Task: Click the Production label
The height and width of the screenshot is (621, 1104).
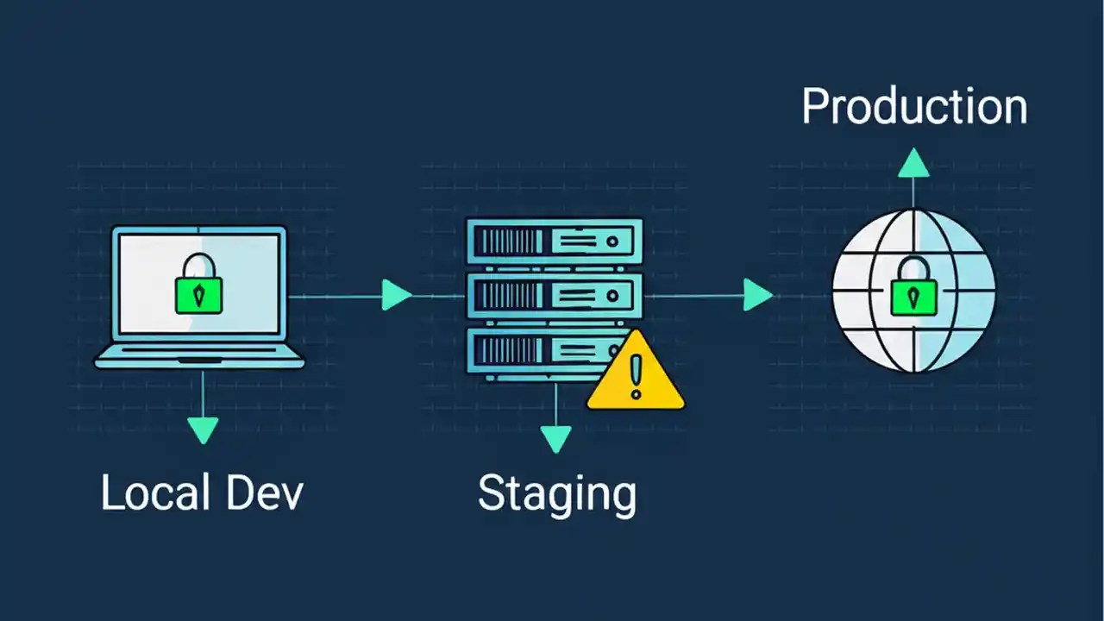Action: tap(914, 107)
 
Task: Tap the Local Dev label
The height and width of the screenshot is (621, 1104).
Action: tap(202, 493)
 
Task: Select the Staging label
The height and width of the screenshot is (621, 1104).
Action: tap(557, 495)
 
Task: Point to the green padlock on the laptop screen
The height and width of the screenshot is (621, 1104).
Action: tap(199, 288)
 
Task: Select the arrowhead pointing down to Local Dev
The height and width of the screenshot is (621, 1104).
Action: tap(203, 429)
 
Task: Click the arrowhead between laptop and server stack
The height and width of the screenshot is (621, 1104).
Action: tap(396, 295)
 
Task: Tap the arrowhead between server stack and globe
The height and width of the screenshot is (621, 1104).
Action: tap(757, 295)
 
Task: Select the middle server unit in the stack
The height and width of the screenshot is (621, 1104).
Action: tap(554, 296)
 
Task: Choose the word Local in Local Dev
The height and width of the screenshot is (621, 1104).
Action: tap(155, 493)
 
